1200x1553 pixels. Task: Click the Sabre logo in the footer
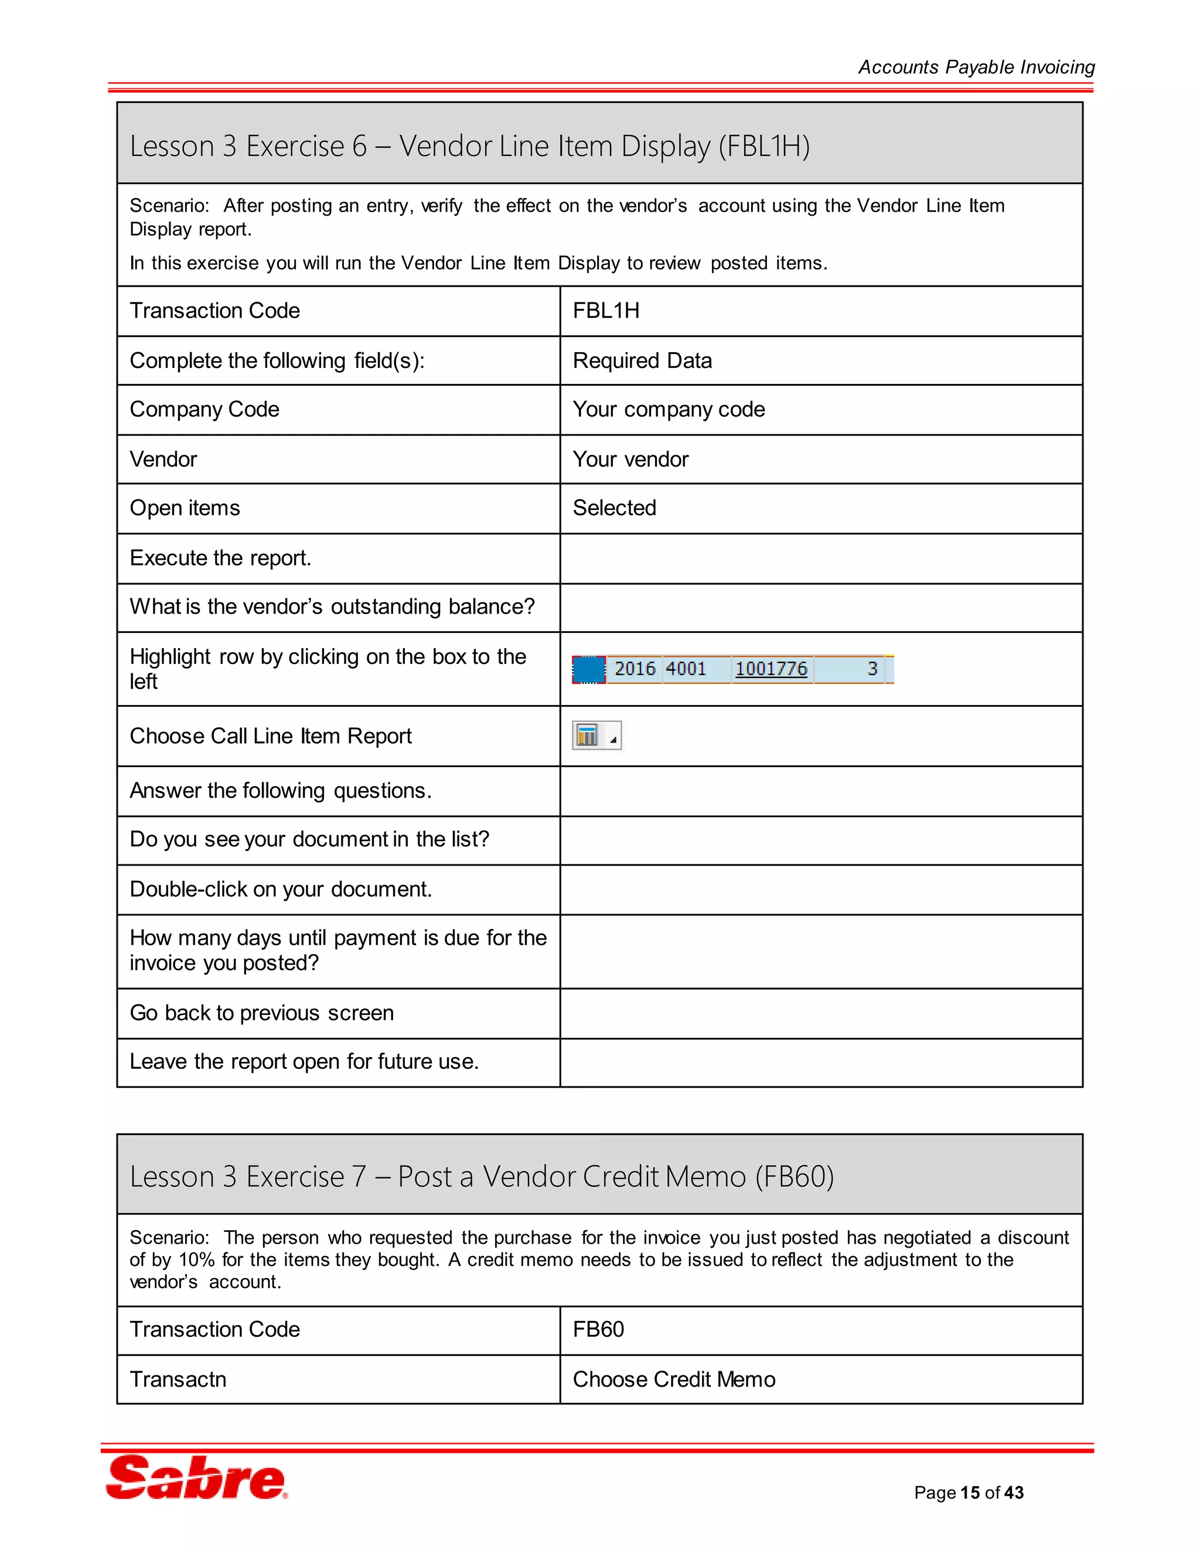196,1477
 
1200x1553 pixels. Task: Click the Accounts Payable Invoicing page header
976,67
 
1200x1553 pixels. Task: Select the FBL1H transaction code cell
606,311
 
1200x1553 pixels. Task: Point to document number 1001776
771,669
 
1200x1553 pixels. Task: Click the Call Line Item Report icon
588,735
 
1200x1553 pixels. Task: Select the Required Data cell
642,360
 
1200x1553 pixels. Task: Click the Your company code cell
668,410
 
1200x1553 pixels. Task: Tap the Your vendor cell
630,459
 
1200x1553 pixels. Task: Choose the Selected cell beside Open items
614,508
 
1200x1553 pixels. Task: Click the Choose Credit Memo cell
673,1379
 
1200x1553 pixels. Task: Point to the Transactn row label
178,1379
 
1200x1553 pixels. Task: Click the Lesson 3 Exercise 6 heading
469,146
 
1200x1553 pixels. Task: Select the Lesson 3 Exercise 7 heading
481,1176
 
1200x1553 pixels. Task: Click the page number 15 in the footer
970,1492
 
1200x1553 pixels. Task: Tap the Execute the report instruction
220,558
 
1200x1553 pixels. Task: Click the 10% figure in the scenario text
196,1259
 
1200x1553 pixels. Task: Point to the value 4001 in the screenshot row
686,669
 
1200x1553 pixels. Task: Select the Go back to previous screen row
261,1013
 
